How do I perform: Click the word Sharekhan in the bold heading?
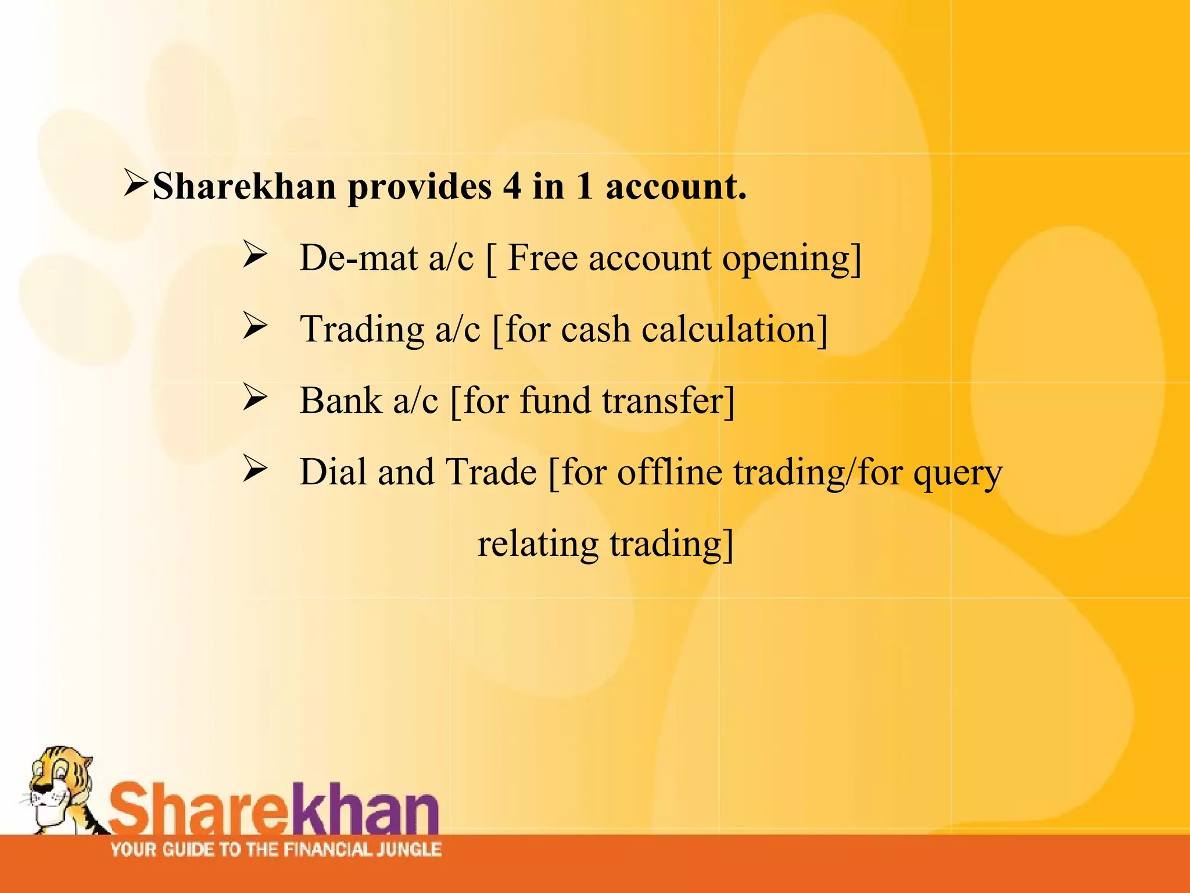(x=244, y=187)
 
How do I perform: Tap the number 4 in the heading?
(x=512, y=187)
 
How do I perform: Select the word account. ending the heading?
(x=676, y=187)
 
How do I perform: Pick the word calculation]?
(x=734, y=330)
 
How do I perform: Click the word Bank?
(x=340, y=401)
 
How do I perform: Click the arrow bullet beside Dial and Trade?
(x=255, y=469)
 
